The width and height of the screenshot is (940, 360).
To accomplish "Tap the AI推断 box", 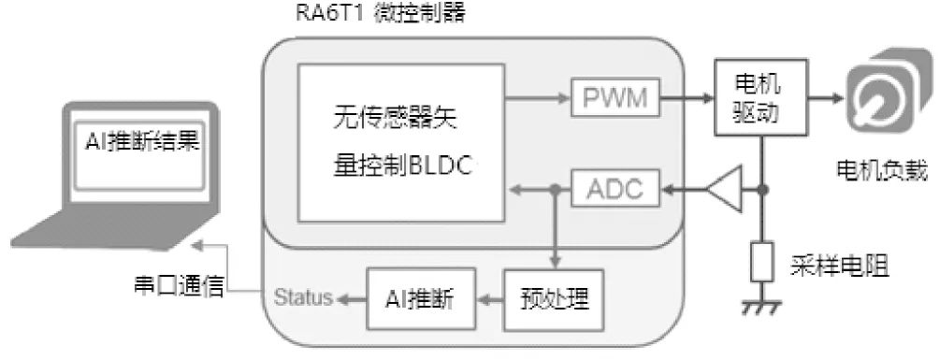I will [420, 299].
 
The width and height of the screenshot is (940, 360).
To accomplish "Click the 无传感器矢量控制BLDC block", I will [400, 140].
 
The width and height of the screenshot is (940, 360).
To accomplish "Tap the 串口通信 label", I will [179, 286].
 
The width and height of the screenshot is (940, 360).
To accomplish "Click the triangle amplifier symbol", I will [721, 190].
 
